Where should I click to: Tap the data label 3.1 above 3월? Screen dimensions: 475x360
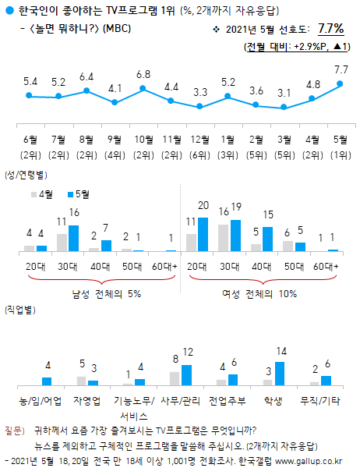(284, 93)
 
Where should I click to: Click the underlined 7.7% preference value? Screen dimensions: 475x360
(330, 29)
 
